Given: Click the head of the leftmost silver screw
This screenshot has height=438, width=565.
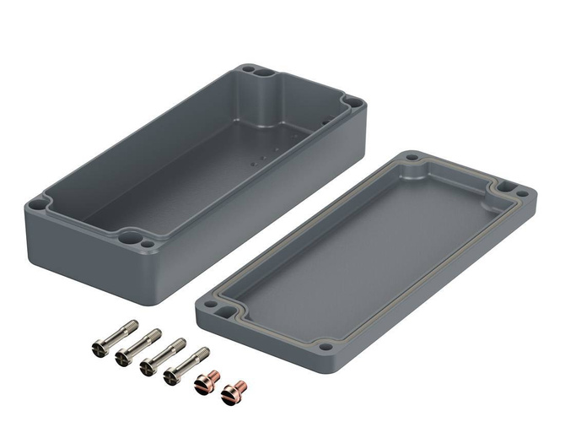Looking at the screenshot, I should click(x=95, y=347).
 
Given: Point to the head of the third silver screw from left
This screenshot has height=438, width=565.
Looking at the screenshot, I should click(x=148, y=365).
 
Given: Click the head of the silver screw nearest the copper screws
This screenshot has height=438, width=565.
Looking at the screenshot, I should click(x=172, y=374).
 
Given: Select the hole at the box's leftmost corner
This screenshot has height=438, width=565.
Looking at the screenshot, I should click(x=40, y=202).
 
